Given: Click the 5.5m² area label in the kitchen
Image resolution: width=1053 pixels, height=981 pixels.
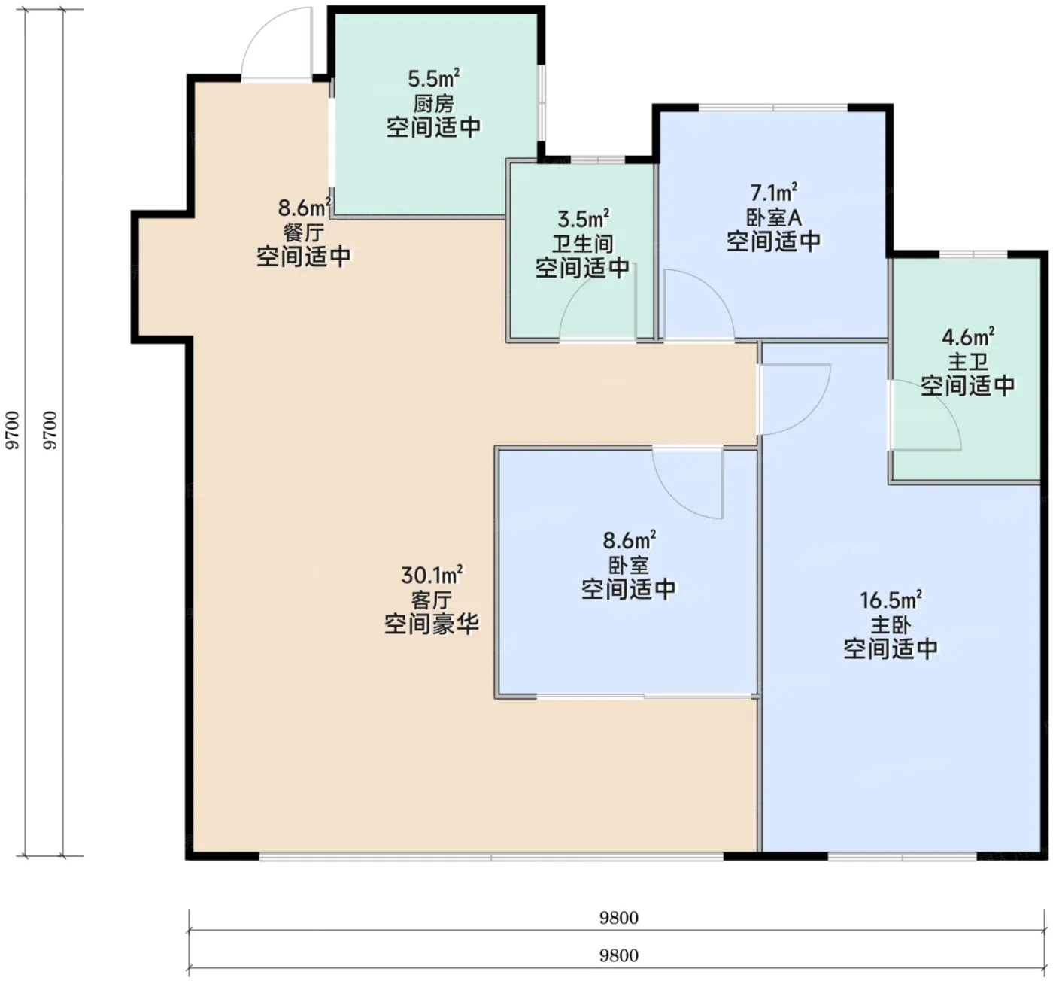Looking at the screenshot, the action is (x=433, y=78).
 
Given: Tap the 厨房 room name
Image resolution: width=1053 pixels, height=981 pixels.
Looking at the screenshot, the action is (x=433, y=103).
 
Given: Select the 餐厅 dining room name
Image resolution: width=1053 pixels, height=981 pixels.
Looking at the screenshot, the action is (x=304, y=232).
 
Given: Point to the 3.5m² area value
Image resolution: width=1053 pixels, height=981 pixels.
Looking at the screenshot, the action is (x=583, y=218).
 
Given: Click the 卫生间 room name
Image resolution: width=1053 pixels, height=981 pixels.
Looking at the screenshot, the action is (x=583, y=244).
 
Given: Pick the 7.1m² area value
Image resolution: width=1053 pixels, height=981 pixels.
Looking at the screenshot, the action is (x=774, y=193).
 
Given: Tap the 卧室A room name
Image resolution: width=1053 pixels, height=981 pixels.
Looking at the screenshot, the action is (x=774, y=218).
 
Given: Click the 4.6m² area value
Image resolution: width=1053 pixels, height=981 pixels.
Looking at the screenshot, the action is (x=968, y=336).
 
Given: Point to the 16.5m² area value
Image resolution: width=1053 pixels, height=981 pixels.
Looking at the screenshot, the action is (x=891, y=600).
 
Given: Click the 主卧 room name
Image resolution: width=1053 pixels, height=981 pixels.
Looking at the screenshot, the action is (x=891, y=625).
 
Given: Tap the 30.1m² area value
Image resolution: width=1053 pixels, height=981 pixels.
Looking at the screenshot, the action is (x=432, y=575).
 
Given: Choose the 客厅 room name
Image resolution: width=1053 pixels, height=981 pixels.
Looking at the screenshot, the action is (x=432, y=600).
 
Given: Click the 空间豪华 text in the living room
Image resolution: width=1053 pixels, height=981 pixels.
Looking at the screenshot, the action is (x=432, y=624).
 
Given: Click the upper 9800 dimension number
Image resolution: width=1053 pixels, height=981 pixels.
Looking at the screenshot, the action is (x=619, y=917).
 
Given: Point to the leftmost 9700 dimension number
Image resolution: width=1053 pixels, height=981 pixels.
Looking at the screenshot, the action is (x=12, y=430).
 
